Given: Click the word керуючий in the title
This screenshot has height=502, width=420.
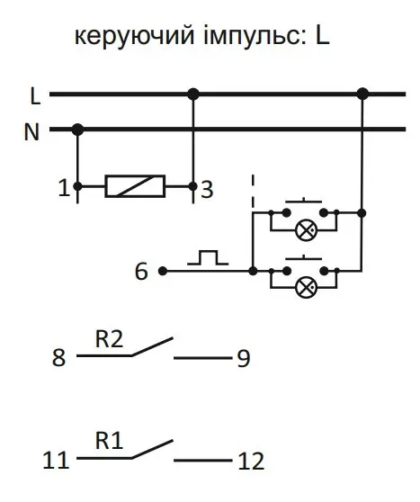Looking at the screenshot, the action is tap(134, 37).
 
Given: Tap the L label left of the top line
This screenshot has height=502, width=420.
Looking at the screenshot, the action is tap(35, 96).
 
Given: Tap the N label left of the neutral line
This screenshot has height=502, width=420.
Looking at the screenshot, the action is tap(31, 132).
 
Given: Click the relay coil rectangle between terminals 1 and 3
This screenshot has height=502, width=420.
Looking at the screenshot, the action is tap(135, 186).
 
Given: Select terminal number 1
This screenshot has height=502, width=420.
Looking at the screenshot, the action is tap(64, 188).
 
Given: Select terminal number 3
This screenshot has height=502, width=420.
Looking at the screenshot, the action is tap(207, 190).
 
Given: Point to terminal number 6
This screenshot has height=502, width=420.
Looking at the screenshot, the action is tap(141, 272).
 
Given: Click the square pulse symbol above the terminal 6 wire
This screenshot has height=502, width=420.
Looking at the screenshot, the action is tap(208, 257).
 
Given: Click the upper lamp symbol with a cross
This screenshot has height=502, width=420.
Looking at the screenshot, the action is tap(307, 230).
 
